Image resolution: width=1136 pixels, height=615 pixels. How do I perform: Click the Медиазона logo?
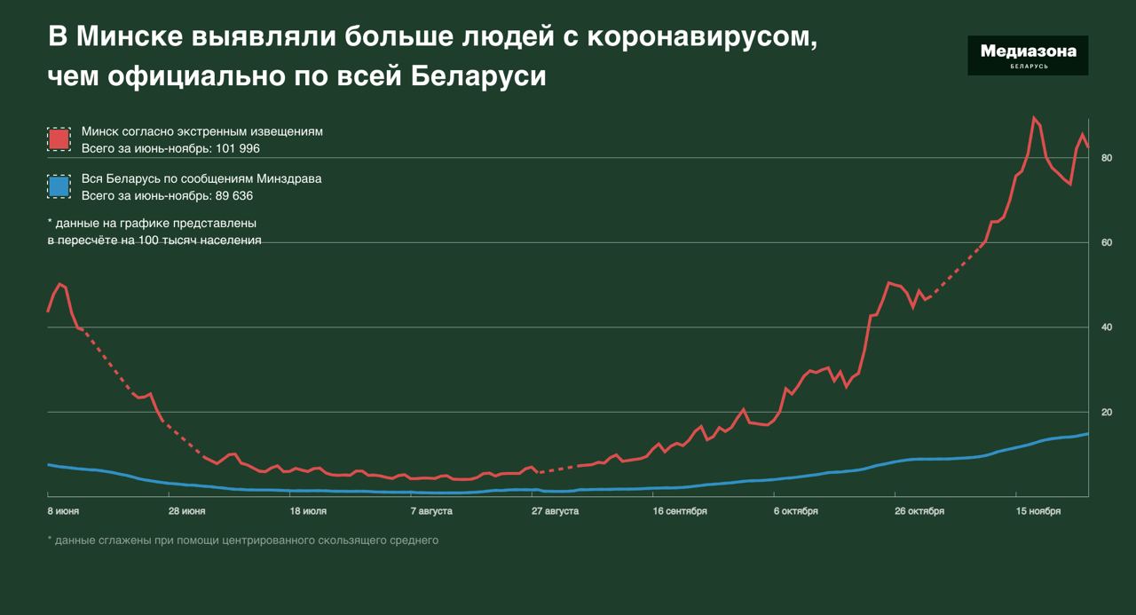tap(1028, 55)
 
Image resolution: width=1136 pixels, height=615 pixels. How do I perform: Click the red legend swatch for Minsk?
tap(59, 139)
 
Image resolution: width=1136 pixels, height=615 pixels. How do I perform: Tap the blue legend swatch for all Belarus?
tap(59, 186)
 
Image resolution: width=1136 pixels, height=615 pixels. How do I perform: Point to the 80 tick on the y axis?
tap(1107, 158)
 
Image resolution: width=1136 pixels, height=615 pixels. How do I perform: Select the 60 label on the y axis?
tap(1107, 242)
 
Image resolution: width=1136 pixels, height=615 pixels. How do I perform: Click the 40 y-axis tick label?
tap(1107, 327)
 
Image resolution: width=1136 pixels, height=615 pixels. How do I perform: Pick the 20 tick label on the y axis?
tap(1107, 413)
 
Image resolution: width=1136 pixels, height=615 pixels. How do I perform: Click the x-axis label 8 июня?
tap(63, 511)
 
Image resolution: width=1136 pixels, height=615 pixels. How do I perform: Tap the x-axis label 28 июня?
tap(187, 511)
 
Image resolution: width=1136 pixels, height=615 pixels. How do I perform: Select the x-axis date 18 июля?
tap(308, 511)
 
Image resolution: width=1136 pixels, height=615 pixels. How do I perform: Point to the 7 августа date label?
tap(431, 511)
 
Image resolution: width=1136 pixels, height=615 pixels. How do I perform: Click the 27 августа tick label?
tap(556, 511)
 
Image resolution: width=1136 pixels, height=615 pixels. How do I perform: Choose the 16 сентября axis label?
tap(680, 511)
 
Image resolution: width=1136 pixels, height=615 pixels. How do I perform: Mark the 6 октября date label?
tap(795, 511)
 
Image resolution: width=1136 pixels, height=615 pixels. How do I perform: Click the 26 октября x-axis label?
tap(919, 511)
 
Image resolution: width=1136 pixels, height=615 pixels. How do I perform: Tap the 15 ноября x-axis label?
tap(1038, 511)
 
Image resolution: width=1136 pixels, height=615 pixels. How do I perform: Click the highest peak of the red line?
tap(1034, 118)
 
